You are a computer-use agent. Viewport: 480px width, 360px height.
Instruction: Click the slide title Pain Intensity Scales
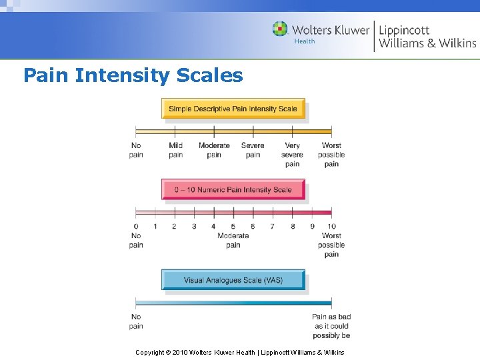[x=133, y=75]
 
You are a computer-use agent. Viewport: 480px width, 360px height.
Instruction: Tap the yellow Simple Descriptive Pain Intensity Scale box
[x=233, y=109]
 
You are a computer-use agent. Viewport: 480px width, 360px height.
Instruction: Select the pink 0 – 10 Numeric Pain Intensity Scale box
[x=233, y=189]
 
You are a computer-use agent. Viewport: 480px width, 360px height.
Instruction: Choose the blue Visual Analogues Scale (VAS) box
[x=233, y=280]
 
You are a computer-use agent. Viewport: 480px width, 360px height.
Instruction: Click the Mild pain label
[x=175, y=150]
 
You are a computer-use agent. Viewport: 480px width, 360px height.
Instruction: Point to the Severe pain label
[x=253, y=150]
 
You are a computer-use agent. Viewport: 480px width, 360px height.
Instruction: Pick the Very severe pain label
[x=292, y=155]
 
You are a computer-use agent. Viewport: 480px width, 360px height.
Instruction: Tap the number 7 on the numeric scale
[x=272, y=227]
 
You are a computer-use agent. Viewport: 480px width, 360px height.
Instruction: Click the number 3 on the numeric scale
[x=194, y=227]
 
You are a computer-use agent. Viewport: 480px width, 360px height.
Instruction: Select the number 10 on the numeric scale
[x=331, y=227]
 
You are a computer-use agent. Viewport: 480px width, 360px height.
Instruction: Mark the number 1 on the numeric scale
[x=155, y=227]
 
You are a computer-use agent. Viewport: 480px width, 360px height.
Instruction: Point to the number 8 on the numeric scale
[x=292, y=227]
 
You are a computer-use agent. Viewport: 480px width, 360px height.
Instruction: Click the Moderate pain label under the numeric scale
[x=233, y=240]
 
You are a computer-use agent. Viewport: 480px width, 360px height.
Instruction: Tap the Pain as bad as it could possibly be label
[x=331, y=326]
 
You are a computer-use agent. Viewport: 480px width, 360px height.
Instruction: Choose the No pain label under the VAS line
[x=136, y=321]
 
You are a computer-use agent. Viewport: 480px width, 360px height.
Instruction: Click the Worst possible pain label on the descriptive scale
[x=331, y=155]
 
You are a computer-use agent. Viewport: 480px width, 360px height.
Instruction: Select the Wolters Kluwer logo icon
[x=280, y=29]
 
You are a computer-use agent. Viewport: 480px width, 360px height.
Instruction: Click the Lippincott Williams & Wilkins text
[x=427, y=37]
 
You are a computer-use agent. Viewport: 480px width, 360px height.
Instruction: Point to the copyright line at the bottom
[x=240, y=352]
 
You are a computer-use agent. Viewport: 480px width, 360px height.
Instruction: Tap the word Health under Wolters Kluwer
[x=304, y=42]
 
